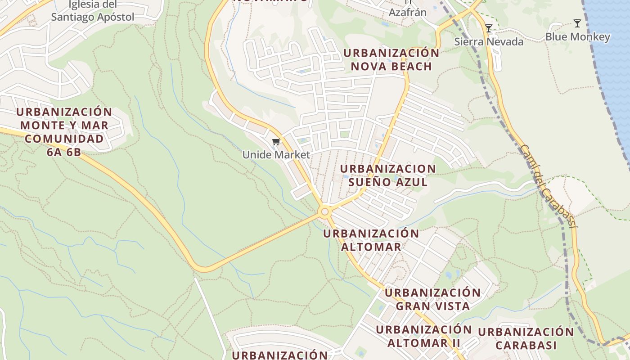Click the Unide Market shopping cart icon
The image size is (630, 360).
276,142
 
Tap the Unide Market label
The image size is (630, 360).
276,155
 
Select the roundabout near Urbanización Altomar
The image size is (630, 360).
324,211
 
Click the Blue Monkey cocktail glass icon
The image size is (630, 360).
577,23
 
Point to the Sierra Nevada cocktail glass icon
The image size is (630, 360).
489,28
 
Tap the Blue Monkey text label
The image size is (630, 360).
577,37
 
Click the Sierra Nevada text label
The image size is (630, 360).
489,42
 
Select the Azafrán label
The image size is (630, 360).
407,12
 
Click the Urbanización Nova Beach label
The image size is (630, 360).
391,59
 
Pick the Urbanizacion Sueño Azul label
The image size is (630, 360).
388,175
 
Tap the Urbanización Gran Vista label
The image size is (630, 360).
432,299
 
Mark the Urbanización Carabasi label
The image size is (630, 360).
526,339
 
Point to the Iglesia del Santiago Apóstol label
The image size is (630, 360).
93,11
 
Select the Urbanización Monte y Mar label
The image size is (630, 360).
64,118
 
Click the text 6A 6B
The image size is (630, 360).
64,152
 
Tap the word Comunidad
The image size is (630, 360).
64,139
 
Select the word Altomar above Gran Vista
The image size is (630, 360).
371,247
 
